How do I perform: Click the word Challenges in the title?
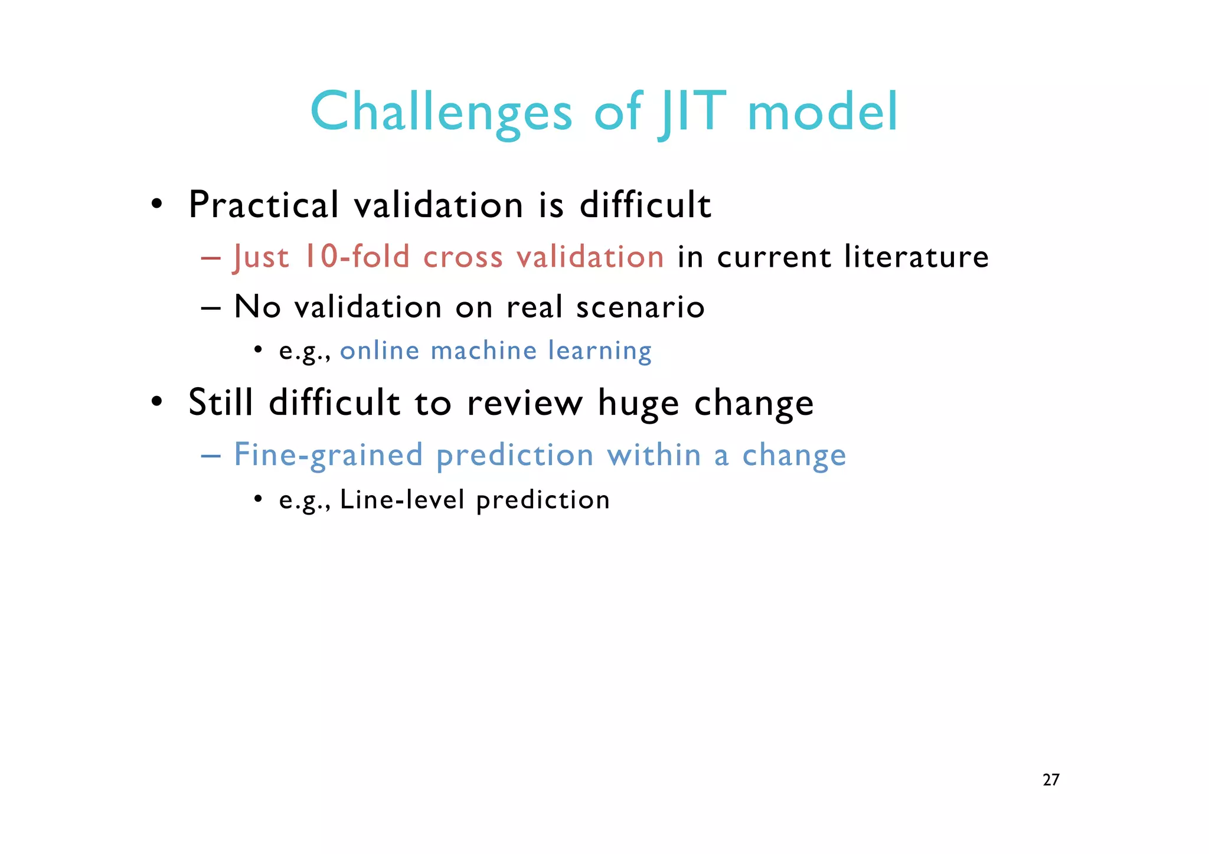[441, 112]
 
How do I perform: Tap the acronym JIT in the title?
[691, 112]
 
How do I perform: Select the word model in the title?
[822, 112]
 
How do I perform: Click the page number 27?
[1051, 780]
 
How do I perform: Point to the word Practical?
[264, 205]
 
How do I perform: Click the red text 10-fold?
[357, 257]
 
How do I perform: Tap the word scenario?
[641, 307]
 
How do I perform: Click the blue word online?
[380, 351]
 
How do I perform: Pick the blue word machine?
[483, 351]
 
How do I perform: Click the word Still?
[221, 403]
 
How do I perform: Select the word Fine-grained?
[329, 455]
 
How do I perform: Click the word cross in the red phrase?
[463, 257]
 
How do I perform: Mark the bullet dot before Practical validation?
[156, 204]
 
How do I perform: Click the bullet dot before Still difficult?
[156, 402]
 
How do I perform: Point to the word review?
[524, 403]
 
